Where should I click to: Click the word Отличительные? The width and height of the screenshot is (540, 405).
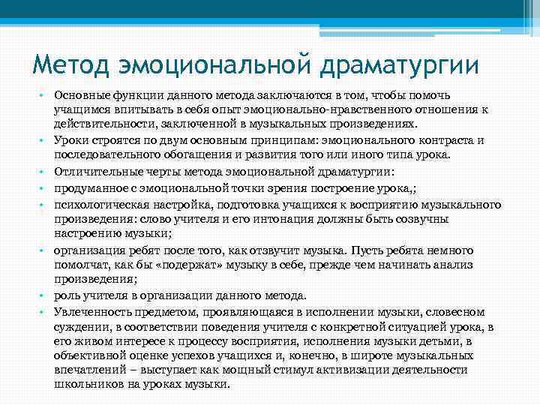[92, 172]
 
